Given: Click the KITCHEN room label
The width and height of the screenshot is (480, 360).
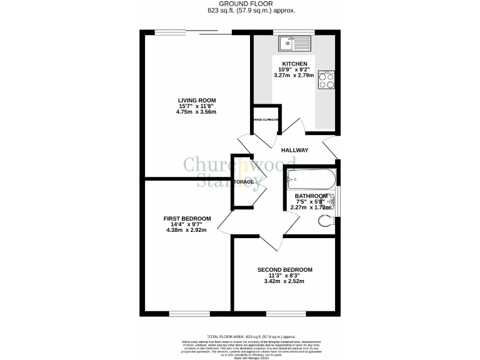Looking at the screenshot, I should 294,64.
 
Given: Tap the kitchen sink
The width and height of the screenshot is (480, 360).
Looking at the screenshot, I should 294,43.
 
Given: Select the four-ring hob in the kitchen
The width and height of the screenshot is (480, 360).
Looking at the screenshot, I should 327,81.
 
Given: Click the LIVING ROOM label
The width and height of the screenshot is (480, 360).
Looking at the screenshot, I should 197,100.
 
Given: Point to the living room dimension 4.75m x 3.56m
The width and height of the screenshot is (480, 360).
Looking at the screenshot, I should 197,112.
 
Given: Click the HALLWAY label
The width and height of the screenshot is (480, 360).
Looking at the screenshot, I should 294,150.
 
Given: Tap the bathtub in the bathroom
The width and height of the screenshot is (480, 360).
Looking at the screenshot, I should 311,181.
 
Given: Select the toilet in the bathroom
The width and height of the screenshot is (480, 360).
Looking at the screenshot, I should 327,220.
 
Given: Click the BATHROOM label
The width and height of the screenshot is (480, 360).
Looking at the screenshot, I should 311,196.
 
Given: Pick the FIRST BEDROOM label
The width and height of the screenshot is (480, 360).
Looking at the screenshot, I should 187,218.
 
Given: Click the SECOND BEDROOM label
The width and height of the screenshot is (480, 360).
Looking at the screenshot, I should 285,270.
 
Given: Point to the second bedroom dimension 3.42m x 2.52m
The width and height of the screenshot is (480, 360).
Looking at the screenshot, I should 285,281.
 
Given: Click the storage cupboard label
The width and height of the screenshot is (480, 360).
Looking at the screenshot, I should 244,182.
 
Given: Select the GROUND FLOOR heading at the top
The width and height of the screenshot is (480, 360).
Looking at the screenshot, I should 240,4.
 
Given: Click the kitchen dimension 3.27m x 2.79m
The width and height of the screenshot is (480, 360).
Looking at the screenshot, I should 294,75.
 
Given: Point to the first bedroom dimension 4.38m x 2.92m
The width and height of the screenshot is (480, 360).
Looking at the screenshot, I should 187,229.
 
